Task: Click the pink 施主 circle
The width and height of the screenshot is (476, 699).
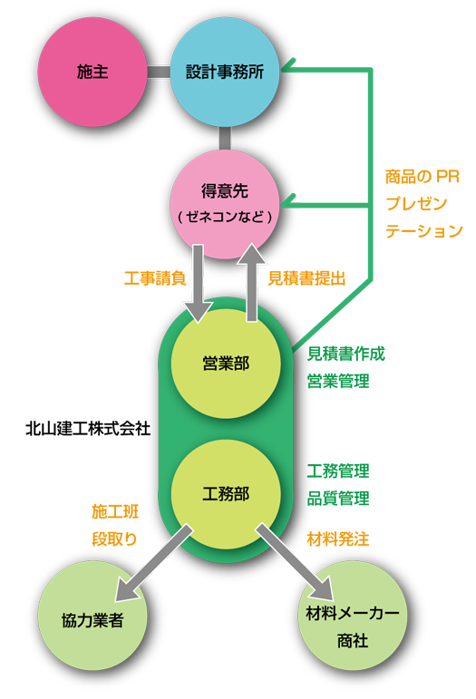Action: coord(92,72)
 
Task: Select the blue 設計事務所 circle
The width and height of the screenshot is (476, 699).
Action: coord(225,72)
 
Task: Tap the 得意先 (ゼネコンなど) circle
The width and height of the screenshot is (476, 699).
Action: coord(225,204)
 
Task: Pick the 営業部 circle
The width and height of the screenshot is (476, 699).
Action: coord(226,364)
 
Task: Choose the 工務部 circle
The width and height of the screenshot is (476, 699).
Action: coord(226,494)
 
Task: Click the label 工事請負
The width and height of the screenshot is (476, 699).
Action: coord(155,278)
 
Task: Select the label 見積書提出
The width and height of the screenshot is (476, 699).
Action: coord(306,278)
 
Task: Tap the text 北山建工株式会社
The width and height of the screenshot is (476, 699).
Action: coord(88,429)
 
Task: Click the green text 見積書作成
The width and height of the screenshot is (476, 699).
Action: coord(345,354)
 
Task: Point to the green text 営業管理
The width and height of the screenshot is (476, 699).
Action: coord(338,381)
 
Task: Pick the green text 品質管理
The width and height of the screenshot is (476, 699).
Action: coord(338,498)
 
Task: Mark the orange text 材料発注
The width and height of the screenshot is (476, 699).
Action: coord(338,539)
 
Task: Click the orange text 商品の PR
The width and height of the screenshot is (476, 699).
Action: coord(423,177)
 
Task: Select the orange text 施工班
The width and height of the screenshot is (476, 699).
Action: coord(115,511)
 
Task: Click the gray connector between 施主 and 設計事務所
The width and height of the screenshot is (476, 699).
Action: coord(159,72)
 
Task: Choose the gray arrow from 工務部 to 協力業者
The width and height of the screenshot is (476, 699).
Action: coord(153,563)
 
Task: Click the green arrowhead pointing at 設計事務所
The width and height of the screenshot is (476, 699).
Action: coord(288,65)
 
